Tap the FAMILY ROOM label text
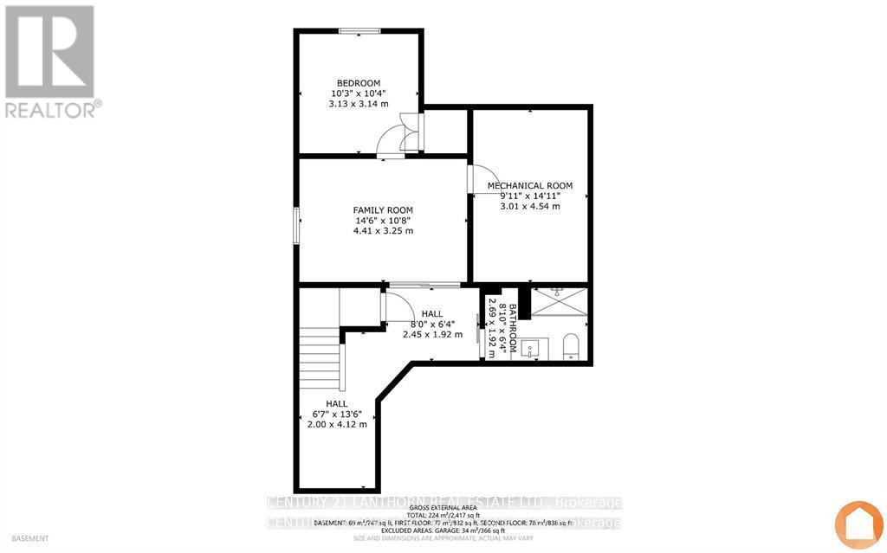382,210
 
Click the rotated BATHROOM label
513,329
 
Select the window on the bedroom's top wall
359,32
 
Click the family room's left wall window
296,225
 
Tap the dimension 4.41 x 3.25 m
382,231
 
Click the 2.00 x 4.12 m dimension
337,424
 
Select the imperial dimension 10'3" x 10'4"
359,93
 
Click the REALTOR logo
50,61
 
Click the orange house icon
858,524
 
